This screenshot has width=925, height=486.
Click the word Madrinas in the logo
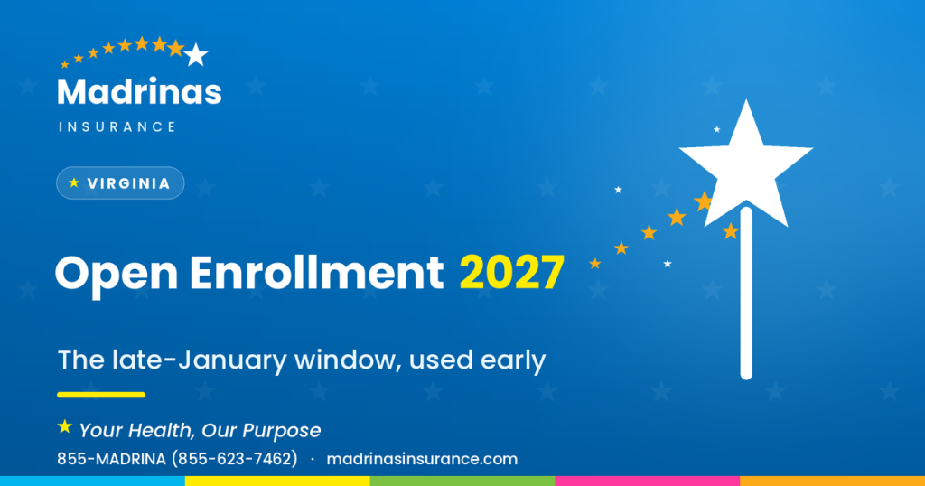pos(139,92)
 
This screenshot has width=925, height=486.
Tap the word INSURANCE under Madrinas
pos(117,126)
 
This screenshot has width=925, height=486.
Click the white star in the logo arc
pos(196,55)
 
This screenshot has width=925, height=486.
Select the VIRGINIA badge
pos(120,183)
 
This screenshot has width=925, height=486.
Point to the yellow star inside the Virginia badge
pos(74,182)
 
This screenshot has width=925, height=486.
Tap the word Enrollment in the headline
pos(316,273)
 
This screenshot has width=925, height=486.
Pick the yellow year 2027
pos(512,273)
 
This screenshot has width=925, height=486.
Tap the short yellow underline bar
pos(101,395)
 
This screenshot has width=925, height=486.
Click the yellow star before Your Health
pos(65,426)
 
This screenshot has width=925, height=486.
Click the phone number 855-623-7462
pos(235,459)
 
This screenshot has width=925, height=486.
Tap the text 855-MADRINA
pos(111,459)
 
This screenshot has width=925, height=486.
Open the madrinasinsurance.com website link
pos(422,459)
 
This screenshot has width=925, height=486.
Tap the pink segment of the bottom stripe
pos(647,481)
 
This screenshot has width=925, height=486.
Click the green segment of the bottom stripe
pos(462,481)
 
